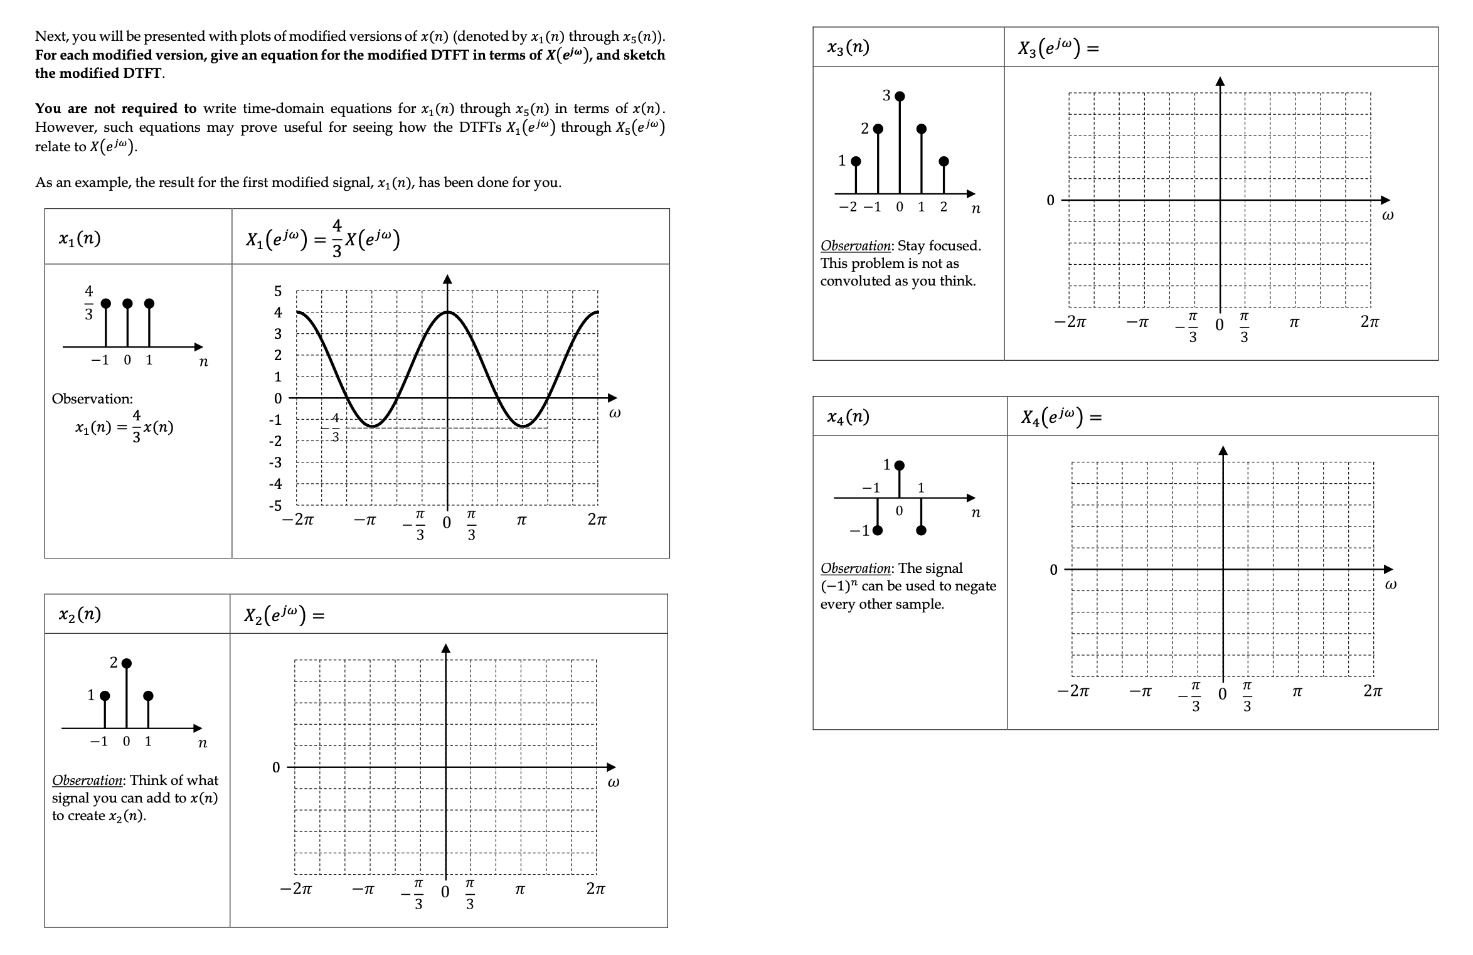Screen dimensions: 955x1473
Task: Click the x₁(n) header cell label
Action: click(x=79, y=238)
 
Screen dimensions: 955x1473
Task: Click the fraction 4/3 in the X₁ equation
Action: click(x=337, y=238)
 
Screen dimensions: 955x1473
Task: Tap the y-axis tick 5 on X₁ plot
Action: click(x=278, y=291)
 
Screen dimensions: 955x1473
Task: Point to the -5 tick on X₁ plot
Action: click(x=275, y=506)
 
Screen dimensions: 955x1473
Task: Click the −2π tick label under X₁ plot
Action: click(x=297, y=520)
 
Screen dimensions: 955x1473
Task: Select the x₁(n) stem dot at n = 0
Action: click(x=127, y=304)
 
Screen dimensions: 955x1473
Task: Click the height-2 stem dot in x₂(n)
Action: click(x=127, y=663)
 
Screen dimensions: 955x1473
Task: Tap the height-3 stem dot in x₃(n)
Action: click(x=900, y=96)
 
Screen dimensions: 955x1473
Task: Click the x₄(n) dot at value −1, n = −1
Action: click(x=878, y=530)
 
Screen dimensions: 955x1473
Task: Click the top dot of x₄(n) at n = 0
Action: click(x=900, y=465)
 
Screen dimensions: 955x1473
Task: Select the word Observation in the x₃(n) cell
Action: click(x=855, y=246)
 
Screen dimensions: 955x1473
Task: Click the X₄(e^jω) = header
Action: click(x=1060, y=417)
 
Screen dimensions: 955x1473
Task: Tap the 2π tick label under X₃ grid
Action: click(x=1369, y=323)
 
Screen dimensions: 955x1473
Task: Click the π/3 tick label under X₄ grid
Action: click(x=1247, y=696)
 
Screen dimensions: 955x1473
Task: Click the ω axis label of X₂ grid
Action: click(x=614, y=783)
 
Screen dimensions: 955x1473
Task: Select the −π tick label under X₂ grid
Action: click(x=364, y=890)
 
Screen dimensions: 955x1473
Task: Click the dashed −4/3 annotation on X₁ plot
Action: click(x=334, y=427)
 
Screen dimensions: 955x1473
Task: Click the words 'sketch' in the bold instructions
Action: click(x=644, y=55)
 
